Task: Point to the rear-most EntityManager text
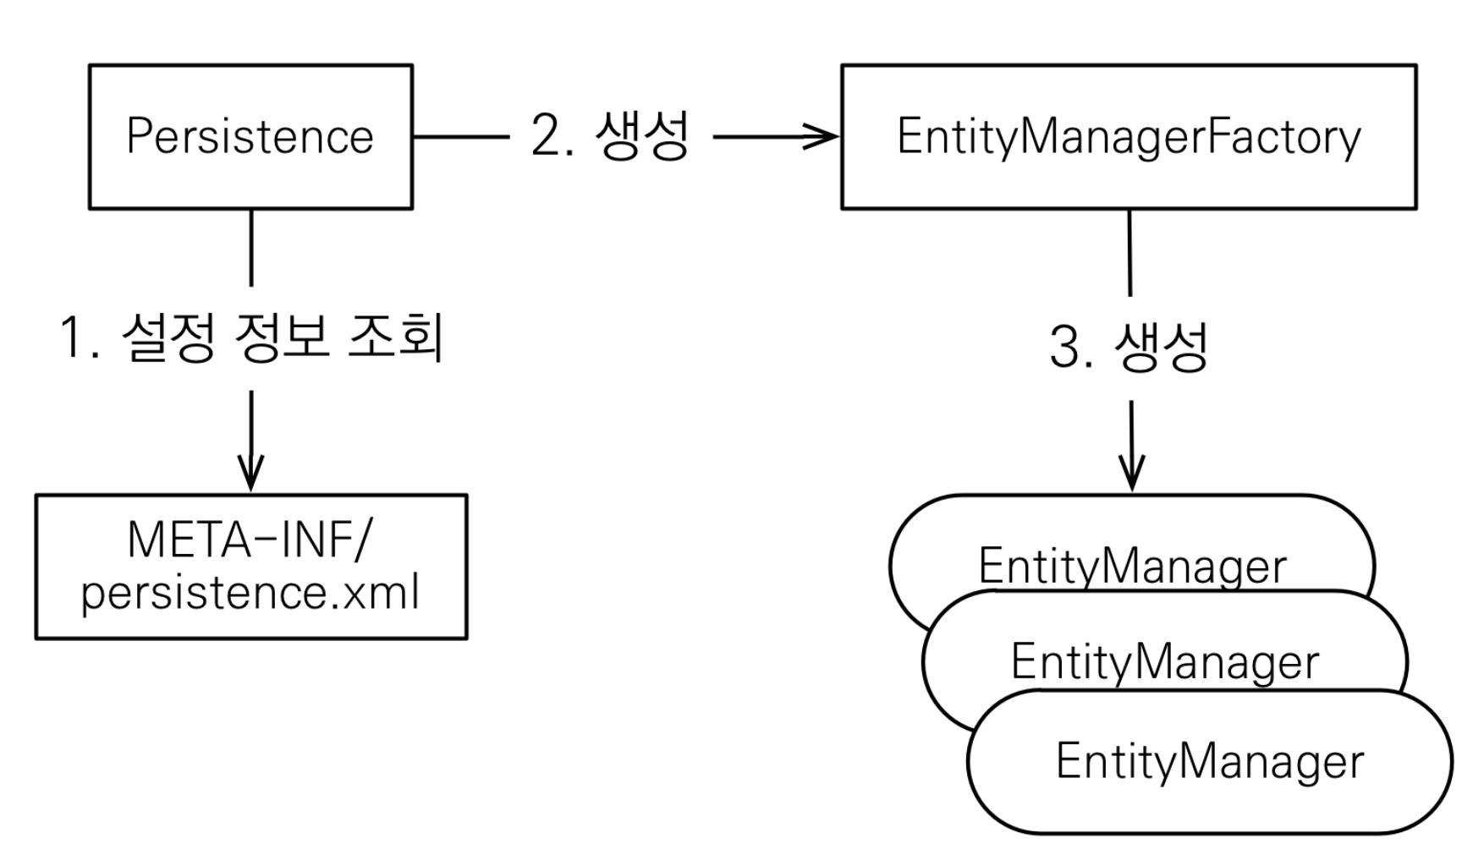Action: coord(1132,565)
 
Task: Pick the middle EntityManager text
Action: coord(1165,661)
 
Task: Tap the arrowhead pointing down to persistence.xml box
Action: coord(250,474)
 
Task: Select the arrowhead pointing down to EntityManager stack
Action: coord(1131,474)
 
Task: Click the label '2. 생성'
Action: coord(610,135)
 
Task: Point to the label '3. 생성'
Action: coord(1129,346)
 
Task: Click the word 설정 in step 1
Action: coord(168,337)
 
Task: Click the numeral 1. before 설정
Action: coord(80,337)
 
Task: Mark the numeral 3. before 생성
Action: coord(1071,347)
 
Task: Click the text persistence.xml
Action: coord(250,593)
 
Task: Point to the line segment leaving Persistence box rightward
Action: coord(462,136)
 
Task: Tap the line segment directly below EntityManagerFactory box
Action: coord(1129,252)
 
